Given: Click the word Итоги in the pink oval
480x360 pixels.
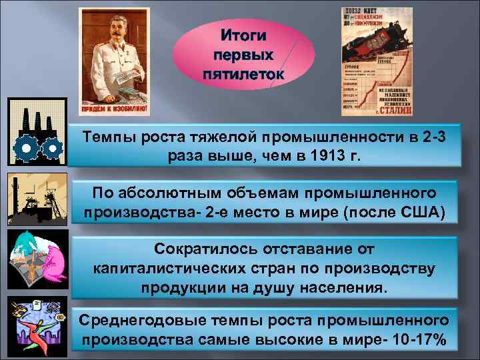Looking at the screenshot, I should point(243,33).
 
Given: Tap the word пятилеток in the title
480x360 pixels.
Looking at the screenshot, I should point(243,72).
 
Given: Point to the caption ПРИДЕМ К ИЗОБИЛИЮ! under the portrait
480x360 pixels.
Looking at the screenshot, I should point(115,108).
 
